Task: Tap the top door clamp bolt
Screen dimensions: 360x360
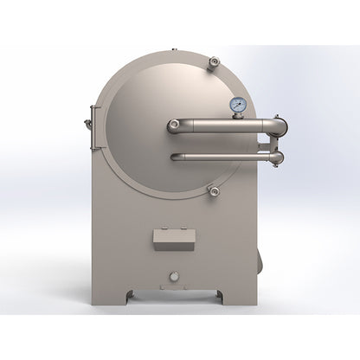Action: (x=214, y=61)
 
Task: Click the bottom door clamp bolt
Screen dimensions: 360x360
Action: (x=214, y=190)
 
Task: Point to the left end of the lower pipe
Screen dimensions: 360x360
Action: (x=176, y=157)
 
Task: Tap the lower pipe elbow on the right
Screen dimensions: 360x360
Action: (x=275, y=157)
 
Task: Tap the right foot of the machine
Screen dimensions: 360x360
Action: (x=220, y=296)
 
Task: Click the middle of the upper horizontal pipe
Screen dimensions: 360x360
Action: (x=216, y=126)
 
